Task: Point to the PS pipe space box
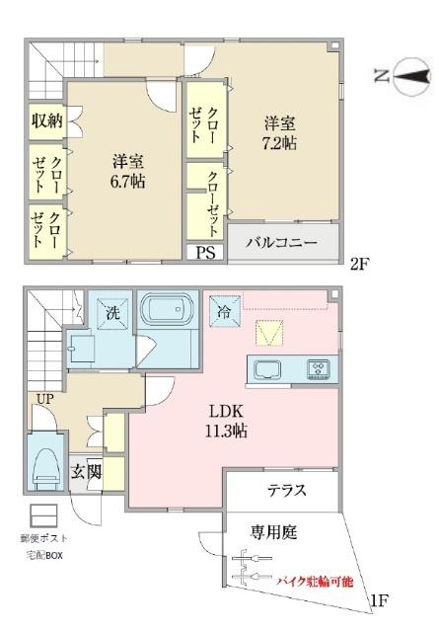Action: [206, 252]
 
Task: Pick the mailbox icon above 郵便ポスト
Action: [42, 514]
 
